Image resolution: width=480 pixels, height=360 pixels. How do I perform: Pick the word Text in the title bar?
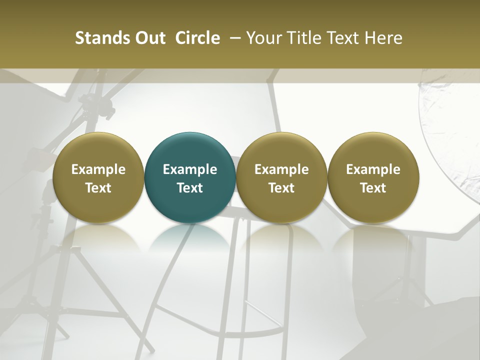pos(342,38)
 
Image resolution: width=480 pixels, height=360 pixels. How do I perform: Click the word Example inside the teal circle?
pos(190,169)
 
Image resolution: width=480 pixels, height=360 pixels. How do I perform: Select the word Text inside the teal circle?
pos(190,188)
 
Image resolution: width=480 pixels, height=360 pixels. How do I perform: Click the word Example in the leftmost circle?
pos(98,169)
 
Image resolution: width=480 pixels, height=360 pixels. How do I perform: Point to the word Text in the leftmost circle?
pos(98,188)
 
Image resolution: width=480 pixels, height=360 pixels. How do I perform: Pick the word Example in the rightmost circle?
pos(373,169)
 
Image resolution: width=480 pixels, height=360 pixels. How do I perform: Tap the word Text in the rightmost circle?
pos(373,188)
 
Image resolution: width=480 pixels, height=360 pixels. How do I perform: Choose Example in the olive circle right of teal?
pos(281,169)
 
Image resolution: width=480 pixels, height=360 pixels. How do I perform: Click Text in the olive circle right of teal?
pos(281,188)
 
